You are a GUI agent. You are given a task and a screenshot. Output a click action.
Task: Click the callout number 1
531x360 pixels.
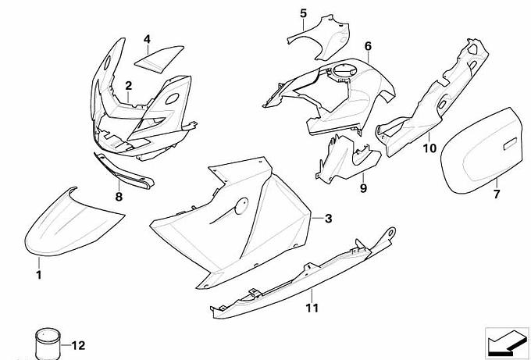pyautogui.click(x=39, y=274)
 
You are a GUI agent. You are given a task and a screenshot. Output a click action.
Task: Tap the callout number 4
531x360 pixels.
pyautogui.click(x=147, y=39)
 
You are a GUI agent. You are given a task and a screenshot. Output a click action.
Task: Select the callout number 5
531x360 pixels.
pyautogui.click(x=304, y=13)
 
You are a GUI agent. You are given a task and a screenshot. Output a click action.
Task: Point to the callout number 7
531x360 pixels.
pyautogui.click(x=497, y=194)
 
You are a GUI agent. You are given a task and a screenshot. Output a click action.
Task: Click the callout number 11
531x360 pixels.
pyautogui.click(x=312, y=308)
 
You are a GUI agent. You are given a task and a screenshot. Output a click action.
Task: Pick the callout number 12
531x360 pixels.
pyautogui.click(x=78, y=346)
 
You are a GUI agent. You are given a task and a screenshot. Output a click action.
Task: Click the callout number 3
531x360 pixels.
pyautogui.click(x=328, y=219)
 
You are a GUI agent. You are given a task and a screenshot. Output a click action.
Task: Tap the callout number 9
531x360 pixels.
pyautogui.click(x=363, y=187)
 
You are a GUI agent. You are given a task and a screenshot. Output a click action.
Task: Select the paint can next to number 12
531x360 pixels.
pyautogui.click(x=48, y=344)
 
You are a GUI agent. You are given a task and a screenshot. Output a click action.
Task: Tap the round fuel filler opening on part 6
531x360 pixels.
pyautogui.click(x=344, y=71)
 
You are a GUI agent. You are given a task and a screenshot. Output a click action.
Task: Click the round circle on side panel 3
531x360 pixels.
pyautogui.click(x=241, y=206)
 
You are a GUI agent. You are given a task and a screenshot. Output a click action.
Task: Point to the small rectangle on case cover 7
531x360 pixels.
pyautogui.click(x=510, y=144)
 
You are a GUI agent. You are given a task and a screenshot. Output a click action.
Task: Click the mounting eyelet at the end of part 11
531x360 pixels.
pyautogui.click(x=391, y=233)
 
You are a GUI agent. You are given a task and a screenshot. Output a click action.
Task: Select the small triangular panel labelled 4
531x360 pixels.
pyautogui.click(x=159, y=59)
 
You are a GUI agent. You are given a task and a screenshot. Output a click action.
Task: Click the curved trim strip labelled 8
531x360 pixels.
pyautogui.click(x=123, y=171)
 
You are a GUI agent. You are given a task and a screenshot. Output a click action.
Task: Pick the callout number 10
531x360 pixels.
pyautogui.click(x=429, y=148)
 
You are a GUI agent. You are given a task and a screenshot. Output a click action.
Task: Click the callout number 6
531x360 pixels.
pyautogui.click(x=368, y=46)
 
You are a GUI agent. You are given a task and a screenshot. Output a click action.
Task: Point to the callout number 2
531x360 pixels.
pyautogui.click(x=128, y=86)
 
